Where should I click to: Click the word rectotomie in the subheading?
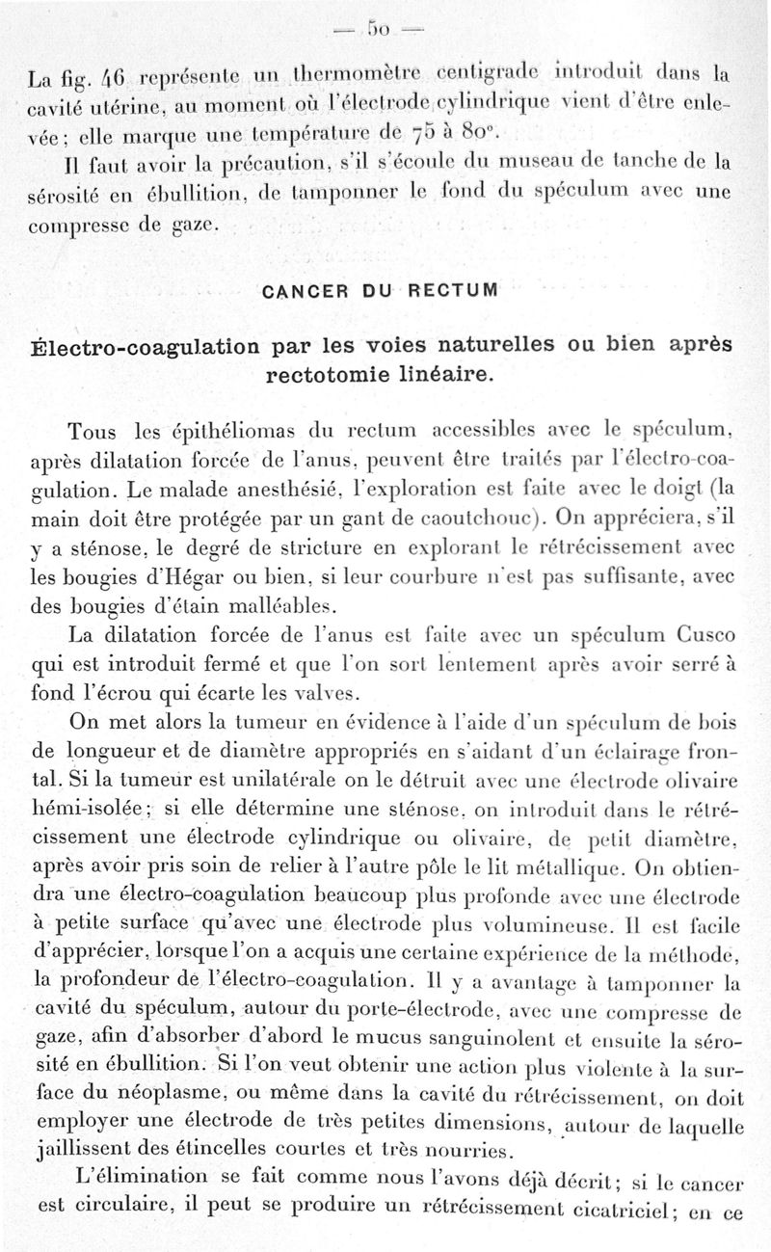click(x=331, y=375)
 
